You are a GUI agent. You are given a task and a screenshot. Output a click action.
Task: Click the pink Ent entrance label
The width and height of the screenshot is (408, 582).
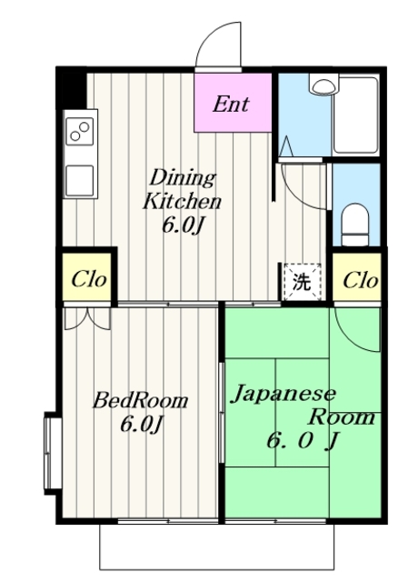point(234,103)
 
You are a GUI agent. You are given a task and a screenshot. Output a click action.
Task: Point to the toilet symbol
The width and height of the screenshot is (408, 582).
point(356,220)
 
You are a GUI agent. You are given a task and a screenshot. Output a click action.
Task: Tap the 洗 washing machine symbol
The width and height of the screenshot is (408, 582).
point(301,281)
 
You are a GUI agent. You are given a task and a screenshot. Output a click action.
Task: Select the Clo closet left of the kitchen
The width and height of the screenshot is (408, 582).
point(89,279)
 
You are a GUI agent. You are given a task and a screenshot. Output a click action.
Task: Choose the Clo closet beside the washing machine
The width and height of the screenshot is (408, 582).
point(360,280)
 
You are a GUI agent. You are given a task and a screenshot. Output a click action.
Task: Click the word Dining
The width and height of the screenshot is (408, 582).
point(182,176)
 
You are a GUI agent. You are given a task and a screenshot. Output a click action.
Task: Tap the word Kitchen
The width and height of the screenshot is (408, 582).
point(181,201)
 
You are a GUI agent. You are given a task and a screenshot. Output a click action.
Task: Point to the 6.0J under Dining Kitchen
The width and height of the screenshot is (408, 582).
point(180,226)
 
